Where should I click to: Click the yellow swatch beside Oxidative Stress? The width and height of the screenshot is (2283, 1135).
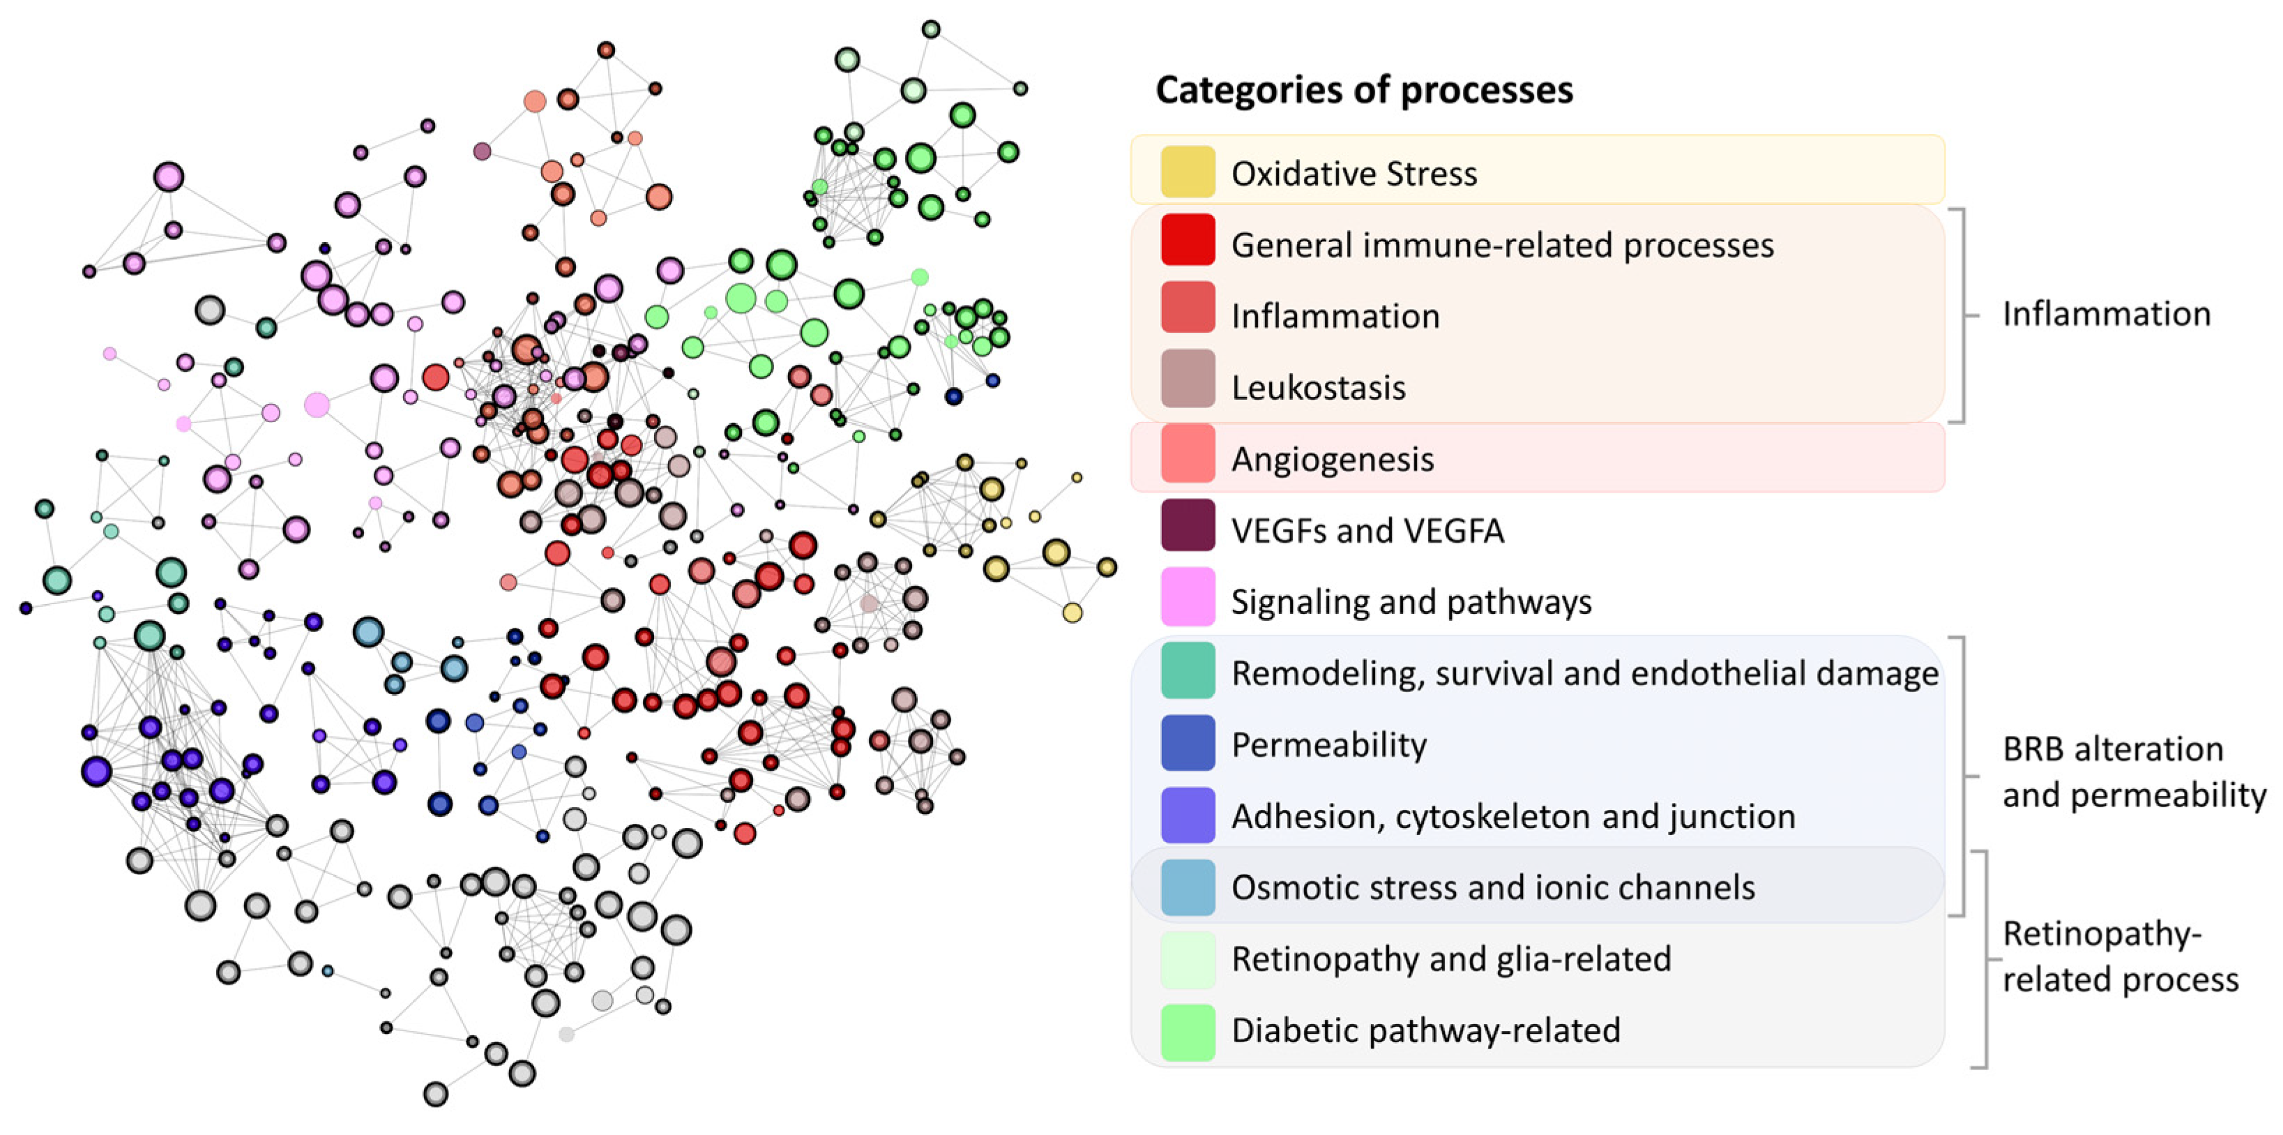1188,172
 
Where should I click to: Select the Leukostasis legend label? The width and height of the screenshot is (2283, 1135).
1318,387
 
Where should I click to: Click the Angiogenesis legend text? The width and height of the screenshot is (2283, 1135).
1332,459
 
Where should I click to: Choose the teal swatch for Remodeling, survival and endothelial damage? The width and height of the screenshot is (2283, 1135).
1188,670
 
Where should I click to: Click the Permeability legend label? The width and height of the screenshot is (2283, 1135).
1328,745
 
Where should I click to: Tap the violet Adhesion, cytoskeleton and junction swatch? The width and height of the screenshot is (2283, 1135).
1188,815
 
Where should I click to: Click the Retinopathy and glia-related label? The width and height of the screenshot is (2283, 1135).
1451,959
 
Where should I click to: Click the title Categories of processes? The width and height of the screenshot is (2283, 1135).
1364,89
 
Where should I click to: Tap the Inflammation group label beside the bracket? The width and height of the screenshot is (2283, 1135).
2106,314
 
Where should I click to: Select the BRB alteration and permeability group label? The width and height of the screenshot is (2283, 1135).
2132,772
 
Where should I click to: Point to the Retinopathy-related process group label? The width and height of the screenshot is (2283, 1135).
2119,957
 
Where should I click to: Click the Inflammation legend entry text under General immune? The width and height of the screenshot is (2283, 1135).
1335,317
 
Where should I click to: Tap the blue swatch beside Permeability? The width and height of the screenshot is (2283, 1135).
1188,742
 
